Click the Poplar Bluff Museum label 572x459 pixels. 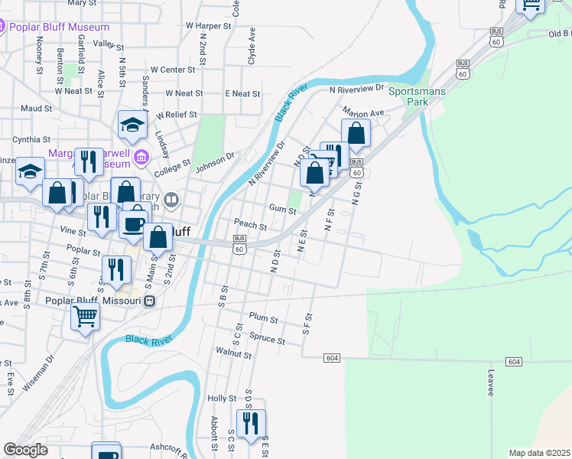point(59,27)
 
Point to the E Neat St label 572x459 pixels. point(242,93)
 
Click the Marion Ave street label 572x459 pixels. point(362,112)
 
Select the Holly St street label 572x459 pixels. point(222,399)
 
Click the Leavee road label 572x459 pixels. point(490,382)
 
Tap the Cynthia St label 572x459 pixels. point(31,140)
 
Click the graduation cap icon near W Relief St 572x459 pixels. point(132,126)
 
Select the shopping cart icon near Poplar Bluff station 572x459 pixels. point(85,316)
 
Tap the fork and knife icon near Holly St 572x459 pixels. point(251,422)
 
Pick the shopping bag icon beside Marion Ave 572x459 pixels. point(356,133)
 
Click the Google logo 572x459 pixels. point(25,450)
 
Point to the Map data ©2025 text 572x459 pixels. point(539,453)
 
